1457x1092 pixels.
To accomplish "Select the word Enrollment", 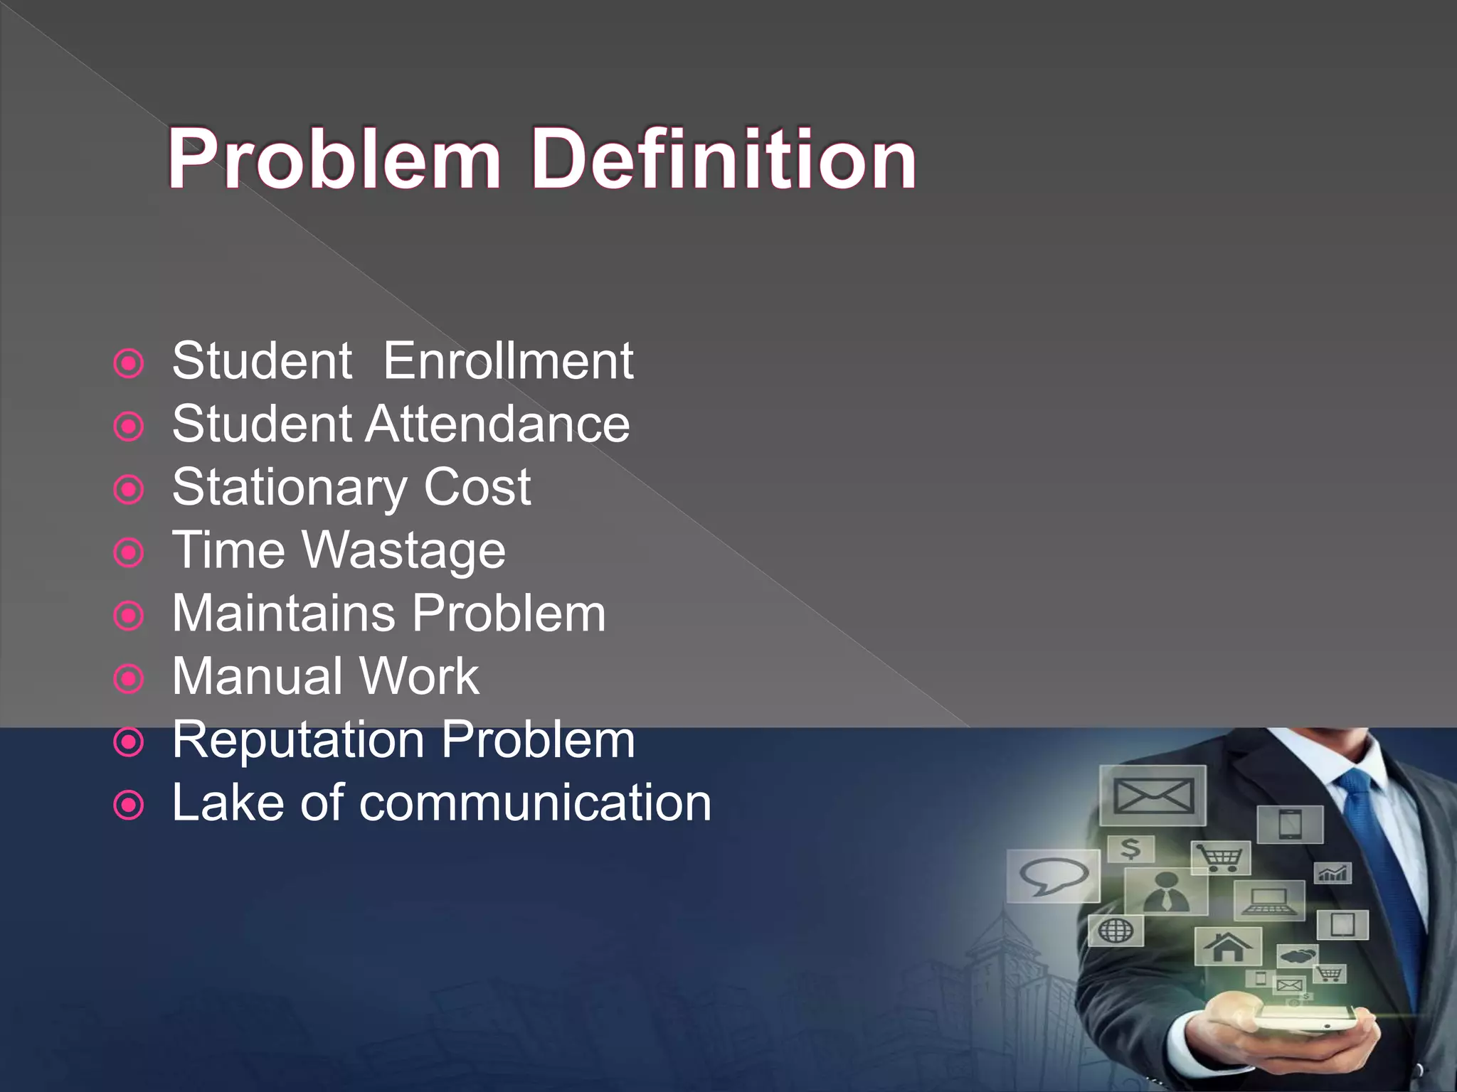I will [508, 360].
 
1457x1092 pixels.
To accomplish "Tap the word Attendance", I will [497, 424].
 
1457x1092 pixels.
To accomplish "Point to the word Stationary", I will [290, 488].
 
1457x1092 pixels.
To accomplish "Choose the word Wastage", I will [403, 551].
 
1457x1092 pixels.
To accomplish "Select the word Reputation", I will [299, 739].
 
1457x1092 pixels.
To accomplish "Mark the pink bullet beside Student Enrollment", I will [129, 364].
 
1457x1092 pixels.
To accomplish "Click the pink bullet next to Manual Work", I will [129, 680].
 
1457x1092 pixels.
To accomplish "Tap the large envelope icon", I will [1153, 796].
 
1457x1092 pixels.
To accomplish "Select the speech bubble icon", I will [1053, 876].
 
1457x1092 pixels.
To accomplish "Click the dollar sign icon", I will [1130, 848].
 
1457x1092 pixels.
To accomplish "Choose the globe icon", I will [1116, 931].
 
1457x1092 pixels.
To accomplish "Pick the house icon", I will [1227, 946].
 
